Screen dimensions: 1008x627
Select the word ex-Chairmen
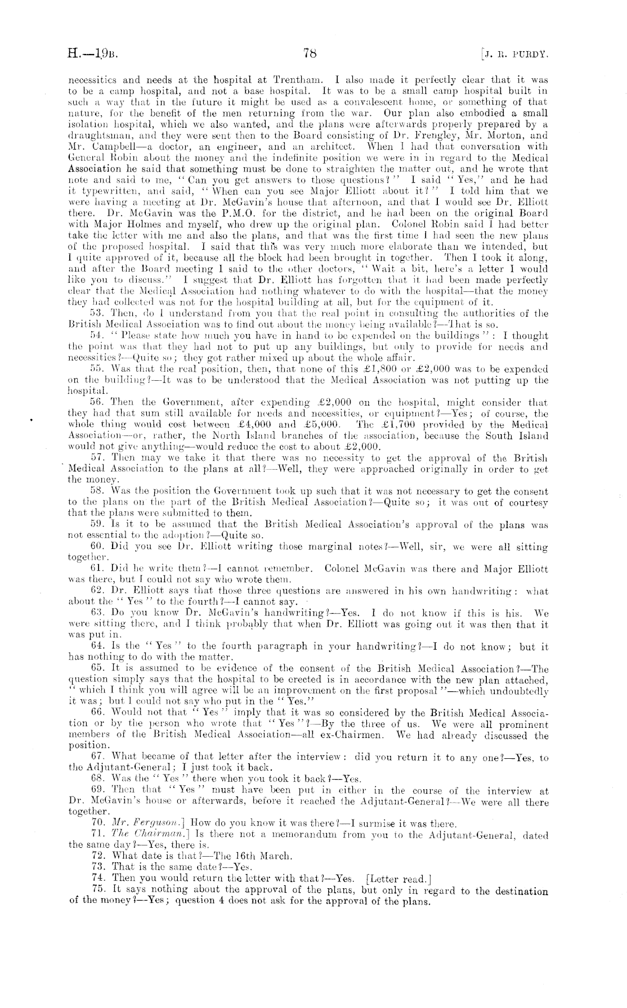pos(364,735)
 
